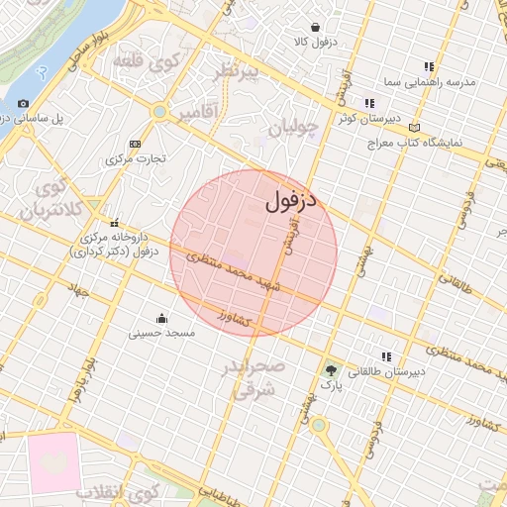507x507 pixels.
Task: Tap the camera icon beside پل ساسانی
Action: click(x=24, y=103)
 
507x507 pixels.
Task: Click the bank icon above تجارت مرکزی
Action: click(x=136, y=144)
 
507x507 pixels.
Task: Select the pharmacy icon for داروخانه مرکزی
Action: click(x=115, y=223)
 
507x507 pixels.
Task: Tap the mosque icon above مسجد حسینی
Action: click(x=161, y=318)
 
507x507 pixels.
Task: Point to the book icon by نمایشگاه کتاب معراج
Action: click(x=413, y=128)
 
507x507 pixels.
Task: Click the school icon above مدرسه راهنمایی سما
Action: click(x=429, y=65)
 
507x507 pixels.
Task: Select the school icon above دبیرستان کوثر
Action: click(x=369, y=102)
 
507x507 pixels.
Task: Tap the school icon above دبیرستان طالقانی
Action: click(x=385, y=355)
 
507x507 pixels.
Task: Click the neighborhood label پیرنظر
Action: click(x=238, y=72)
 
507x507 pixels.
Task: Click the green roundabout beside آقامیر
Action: click(x=159, y=111)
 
